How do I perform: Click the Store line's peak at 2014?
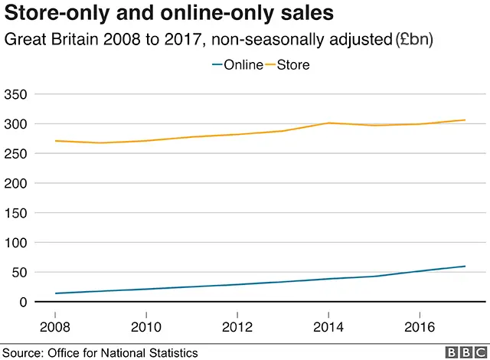[x=328, y=123]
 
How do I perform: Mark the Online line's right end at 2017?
[x=465, y=267]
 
